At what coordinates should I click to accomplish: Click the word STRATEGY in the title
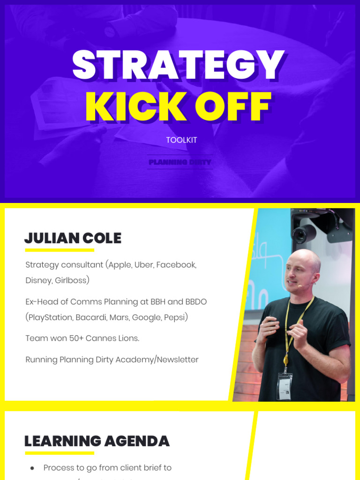[178, 66]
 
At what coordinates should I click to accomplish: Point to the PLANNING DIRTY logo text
[180, 162]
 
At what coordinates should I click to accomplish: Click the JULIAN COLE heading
[73, 238]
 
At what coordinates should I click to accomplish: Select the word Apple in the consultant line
[120, 265]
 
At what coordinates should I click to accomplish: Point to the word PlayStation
[47, 317]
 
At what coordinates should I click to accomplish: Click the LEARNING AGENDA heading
[97, 441]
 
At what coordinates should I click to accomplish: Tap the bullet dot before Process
[32, 468]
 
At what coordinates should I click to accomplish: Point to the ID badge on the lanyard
[284, 385]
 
